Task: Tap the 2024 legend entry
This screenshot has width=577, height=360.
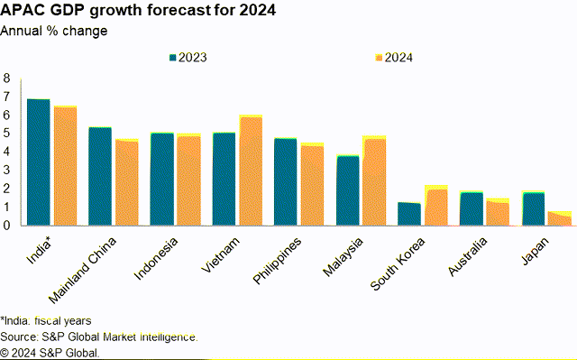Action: (x=393, y=57)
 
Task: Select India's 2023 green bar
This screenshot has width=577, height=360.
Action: (x=38, y=162)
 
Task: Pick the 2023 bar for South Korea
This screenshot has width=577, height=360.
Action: (x=409, y=214)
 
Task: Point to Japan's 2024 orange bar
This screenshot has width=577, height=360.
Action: (x=560, y=219)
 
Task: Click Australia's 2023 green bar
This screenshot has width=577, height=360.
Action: (x=472, y=208)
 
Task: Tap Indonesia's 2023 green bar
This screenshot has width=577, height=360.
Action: (x=162, y=179)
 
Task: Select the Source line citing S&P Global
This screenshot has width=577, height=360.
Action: (x=99, y=337)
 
